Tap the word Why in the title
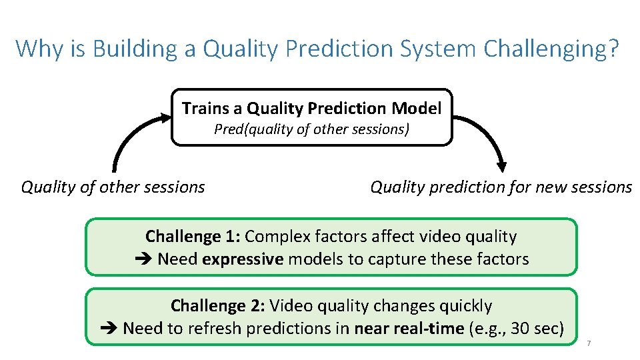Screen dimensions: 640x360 [x=34, y=48]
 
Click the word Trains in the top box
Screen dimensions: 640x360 [x=201, y=108]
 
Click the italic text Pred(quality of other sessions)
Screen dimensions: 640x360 [x=311, y=129]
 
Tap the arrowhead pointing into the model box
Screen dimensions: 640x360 [x=165, y=118]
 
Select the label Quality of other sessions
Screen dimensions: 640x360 [x=113, y=187]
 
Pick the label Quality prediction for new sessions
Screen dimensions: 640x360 [x=501, y=187]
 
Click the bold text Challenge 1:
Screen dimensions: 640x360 [x=193, y=237]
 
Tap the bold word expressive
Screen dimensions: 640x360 [x=243, y=259]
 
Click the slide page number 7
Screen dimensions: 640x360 [x=588, y=343]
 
